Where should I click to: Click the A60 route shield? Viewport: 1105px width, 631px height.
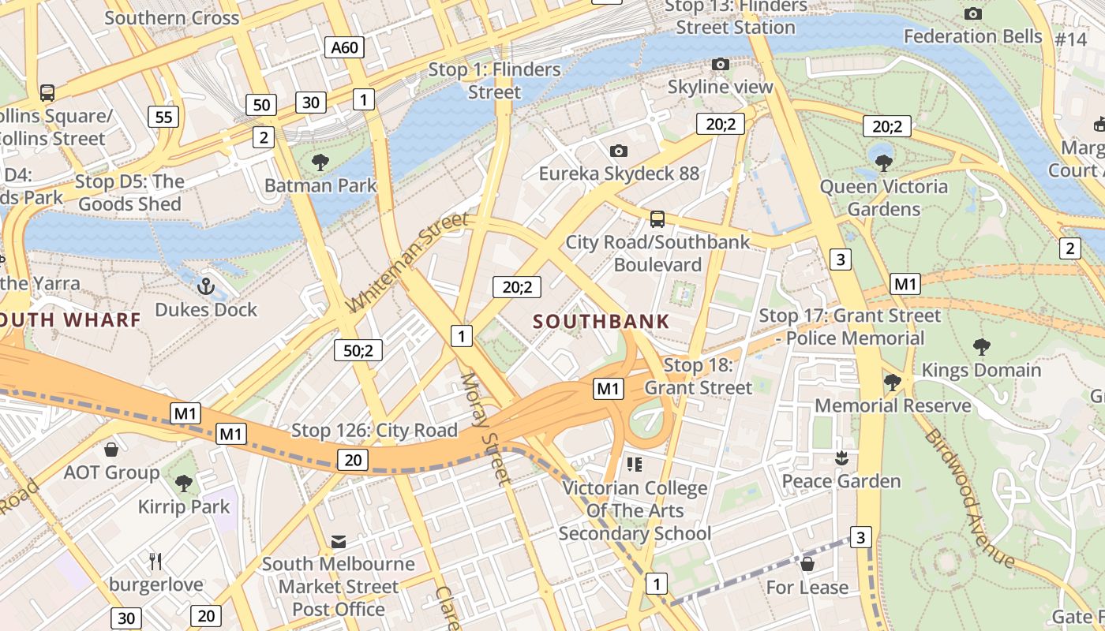pos(345,47)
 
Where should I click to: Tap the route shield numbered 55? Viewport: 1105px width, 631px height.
pos(163,118)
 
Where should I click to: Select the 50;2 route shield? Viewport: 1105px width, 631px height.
pos(358,349)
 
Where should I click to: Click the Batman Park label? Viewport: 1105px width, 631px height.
pos(320,186)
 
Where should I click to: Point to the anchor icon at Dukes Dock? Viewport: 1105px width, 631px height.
pos(206,286)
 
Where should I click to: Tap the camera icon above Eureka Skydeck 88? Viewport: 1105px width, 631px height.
pos(619,151)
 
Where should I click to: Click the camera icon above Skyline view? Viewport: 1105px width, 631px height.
pos(720,65)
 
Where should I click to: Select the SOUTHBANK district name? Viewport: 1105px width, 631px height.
pos(601,322)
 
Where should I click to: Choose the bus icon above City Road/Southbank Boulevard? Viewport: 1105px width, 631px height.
pos(657,218)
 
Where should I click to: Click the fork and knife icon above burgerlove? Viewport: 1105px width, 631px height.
pos(155,562)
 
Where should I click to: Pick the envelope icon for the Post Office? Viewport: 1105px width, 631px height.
pos(339,541)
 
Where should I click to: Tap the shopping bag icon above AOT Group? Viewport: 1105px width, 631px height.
pos(111,450)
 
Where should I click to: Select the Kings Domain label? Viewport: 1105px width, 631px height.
pos(981,370)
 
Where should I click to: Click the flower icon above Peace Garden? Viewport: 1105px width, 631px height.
pos(841,458)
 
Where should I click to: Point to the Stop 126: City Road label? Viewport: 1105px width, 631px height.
pos(374,431)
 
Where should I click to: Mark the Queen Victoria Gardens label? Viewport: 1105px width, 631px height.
pos(884,198)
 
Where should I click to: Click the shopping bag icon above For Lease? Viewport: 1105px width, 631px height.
pos(807,564)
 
